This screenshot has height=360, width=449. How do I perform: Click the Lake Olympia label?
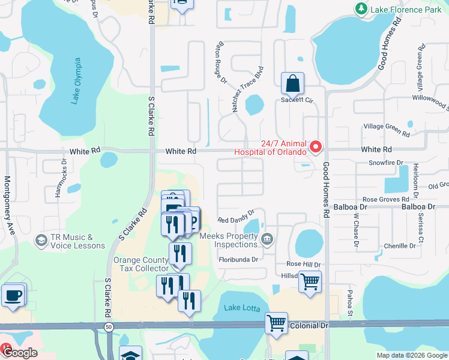76,82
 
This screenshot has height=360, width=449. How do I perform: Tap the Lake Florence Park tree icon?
361,8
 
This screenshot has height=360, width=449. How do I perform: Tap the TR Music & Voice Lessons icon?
41,241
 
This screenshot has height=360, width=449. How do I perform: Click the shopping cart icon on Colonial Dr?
276,323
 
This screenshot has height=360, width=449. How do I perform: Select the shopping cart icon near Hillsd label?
310,281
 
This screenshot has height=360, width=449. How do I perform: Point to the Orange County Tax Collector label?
142,264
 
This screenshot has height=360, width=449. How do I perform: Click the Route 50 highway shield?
108,326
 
